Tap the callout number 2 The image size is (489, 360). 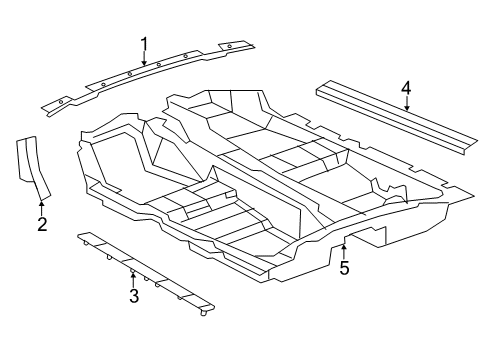[41, 224]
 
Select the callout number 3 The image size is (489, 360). [133, 295]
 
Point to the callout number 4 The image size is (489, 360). [406, 93]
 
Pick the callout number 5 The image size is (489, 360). [344, 267]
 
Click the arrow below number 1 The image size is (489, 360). [144, 60]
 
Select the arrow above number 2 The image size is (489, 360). [41, 204]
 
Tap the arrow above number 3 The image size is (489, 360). [133, 276]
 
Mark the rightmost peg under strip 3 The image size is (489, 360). [204, 312]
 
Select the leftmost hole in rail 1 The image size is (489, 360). [61, 100]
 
